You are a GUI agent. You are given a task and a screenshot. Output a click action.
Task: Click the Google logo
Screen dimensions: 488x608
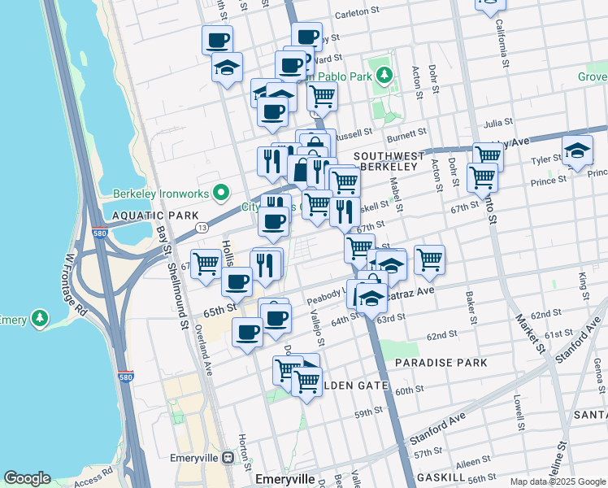tap(27, 478)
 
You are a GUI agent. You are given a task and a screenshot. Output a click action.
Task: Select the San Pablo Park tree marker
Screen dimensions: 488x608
tap(384, 76)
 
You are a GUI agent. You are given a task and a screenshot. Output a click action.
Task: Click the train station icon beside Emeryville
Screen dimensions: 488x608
tap(228, 458)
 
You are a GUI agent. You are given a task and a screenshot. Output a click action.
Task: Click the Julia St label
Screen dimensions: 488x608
tap(497, 123)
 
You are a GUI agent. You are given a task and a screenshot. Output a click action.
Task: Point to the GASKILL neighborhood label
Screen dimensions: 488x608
tap(440, 477)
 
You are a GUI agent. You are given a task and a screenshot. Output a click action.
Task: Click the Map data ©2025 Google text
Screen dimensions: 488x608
tap(558, 481)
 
